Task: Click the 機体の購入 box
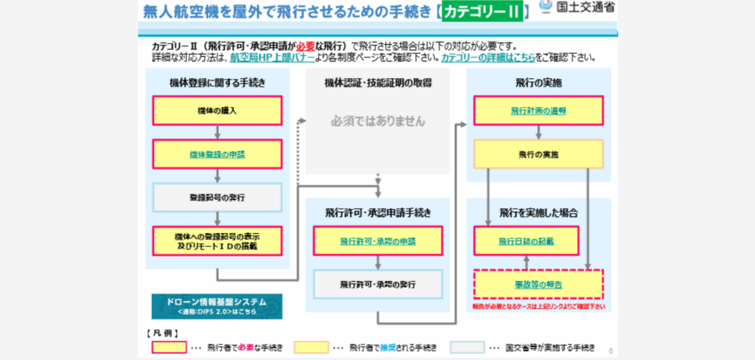click(x=218, y=111)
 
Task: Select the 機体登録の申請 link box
click(x=218, y=155)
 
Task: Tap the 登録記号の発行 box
click(x=218, y=197)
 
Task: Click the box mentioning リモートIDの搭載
click(x=218, y=240)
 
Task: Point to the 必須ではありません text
click(x=377, y=120)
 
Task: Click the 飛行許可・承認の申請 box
click(x=377, y=241)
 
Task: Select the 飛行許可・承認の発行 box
click(x=377, y=283)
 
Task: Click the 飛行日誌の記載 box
click(x=525, y=240)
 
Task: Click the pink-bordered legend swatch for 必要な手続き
click(x=169, y=347)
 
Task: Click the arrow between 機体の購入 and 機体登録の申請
click(x=218, y=133)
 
